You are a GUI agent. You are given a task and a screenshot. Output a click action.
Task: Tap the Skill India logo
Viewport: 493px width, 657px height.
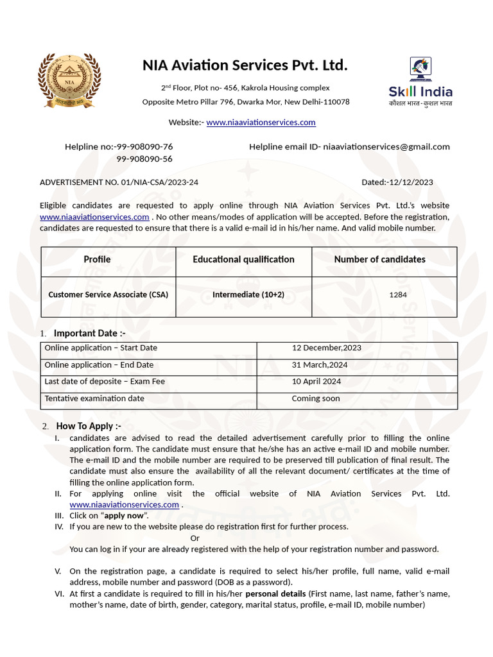420,81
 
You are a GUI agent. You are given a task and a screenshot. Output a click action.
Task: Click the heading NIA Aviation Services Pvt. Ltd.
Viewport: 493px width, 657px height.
245,65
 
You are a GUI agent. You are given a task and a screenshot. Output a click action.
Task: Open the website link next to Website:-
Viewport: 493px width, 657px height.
261,122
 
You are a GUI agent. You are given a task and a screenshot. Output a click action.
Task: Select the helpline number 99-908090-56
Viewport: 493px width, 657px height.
144,159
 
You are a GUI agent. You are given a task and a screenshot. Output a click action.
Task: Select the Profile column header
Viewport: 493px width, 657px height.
97,259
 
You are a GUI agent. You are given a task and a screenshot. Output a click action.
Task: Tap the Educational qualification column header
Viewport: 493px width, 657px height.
243,259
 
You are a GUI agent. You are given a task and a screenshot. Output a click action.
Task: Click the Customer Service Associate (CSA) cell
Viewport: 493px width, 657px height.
108,294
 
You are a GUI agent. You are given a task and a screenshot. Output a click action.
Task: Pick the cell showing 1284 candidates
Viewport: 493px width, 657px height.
398,295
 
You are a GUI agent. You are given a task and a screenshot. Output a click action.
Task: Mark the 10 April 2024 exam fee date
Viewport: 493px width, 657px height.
316,381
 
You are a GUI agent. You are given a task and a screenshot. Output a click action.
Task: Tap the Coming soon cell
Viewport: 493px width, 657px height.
316,398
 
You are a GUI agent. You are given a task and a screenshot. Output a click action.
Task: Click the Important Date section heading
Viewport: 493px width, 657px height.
89,333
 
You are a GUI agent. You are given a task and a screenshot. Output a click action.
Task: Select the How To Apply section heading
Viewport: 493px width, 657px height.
89,426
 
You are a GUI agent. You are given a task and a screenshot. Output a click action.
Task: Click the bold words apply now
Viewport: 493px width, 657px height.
124,516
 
